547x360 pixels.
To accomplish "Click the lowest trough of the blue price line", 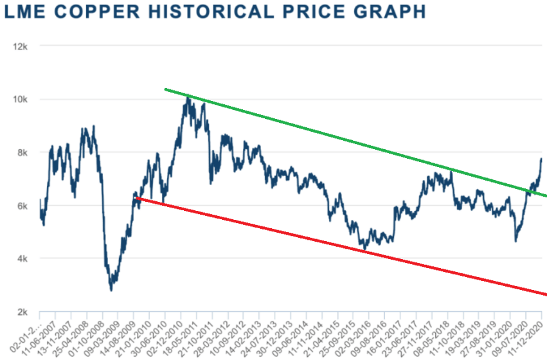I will click(111, 291).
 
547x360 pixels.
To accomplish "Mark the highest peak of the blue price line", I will click(187, 96).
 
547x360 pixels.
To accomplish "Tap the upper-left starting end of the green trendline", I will click(165, 89).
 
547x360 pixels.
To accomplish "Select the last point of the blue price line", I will click(542, 158).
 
